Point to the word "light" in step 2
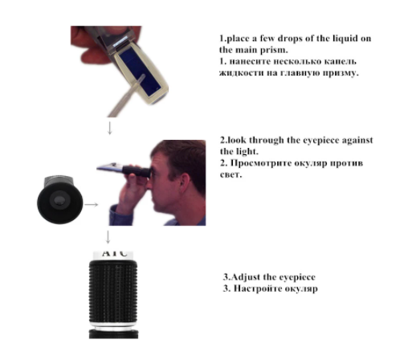(247, 152)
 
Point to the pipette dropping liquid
(127, 96)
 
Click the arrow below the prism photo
(109, 128)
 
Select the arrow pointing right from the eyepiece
(92, 205)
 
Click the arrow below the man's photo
(108, 237)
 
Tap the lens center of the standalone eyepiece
(59, 200)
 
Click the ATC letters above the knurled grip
(114, 253)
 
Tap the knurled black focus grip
(113, 292)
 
